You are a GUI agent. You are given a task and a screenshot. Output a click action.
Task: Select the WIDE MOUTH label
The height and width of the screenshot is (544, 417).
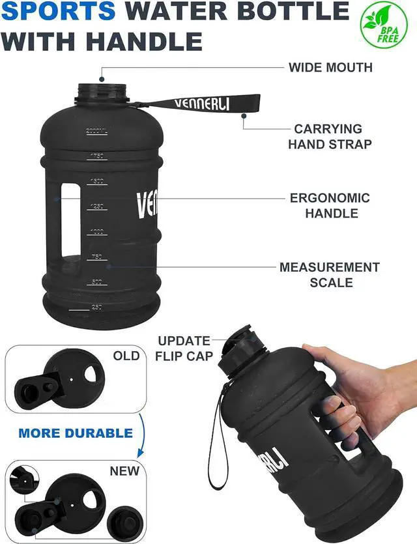click(x=331, y=67)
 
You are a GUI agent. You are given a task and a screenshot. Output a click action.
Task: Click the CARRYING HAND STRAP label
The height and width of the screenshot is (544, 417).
click(x=330, y=137)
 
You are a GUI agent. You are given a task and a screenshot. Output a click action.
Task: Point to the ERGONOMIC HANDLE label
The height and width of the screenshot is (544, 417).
click(x=330, y=205)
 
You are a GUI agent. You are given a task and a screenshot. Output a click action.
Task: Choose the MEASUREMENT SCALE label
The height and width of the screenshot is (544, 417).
click(x=330, y=274)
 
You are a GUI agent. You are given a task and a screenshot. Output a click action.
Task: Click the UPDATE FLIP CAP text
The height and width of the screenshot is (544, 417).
click(x=184, y=348)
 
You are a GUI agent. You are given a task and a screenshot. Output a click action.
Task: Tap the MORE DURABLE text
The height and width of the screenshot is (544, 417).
click(x=76, y=433)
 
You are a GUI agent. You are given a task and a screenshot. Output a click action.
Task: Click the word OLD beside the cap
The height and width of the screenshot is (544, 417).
click(x=126, y=356)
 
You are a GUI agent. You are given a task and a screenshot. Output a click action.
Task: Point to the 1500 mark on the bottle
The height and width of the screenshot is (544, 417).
click(x=98, y=181)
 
